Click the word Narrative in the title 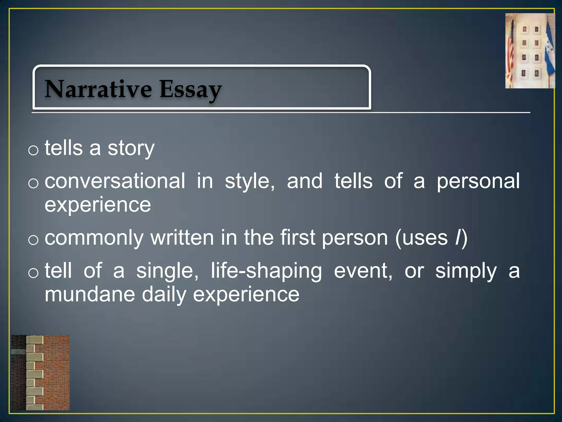(98, 89)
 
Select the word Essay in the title (190, 90)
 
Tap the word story (131, 148)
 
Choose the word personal (478, 181)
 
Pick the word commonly (94, 238)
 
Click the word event (363, 271)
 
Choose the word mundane (90, 295)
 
